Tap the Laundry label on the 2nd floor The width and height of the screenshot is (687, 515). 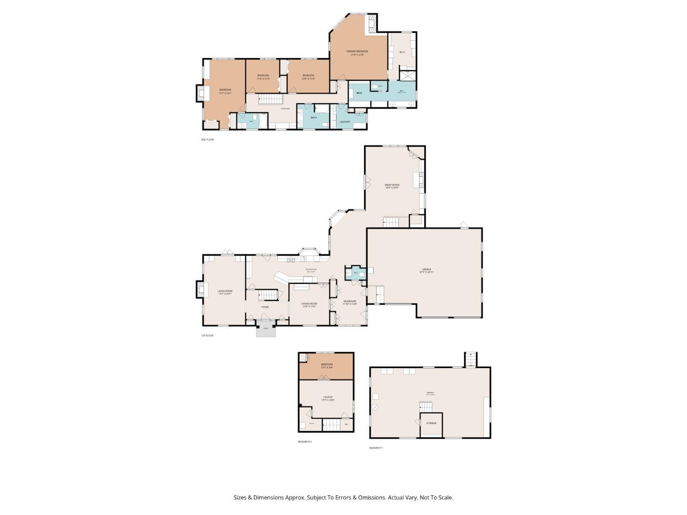[x=345, y=122]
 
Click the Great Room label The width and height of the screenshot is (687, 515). [x=392, y=185]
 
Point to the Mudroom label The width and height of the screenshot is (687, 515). [x=349, y=301]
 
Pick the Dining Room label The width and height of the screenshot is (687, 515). [x=309, y=304]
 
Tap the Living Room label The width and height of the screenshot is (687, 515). [x=224, y=291]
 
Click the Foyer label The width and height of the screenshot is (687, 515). [x=265, y=307]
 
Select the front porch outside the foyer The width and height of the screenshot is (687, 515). [x=266, y=330]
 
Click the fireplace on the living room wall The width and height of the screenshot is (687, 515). [x=201, y=289]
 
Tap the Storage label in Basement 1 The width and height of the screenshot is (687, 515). [x=431, y=423]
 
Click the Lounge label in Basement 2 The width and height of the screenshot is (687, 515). [x=327, y=397]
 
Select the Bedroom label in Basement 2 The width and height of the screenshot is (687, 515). [x=327, y=365]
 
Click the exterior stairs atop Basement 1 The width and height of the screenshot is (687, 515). [x=470, y=359]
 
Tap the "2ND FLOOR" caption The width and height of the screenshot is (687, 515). [x=207, y=140]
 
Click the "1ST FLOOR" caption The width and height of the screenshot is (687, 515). [x=207, y=336]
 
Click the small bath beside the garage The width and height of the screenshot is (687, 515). [x=355, y=273]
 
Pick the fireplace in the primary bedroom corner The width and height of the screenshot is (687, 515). [x=371, y=24]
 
